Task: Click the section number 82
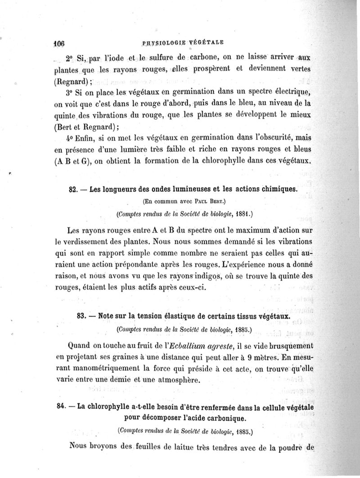(73, 189)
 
